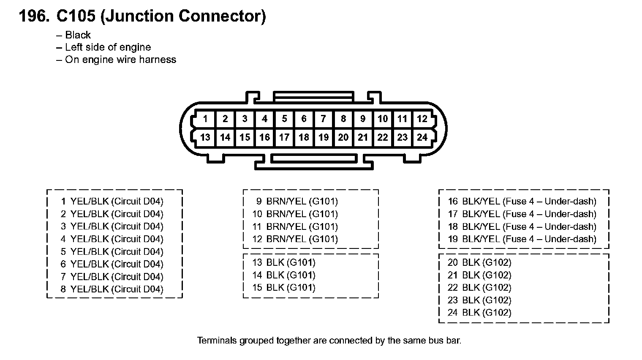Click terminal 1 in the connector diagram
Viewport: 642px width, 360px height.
pos(205,119)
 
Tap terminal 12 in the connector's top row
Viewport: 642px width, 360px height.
pos(422,119)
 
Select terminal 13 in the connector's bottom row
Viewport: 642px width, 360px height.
pos(205,138)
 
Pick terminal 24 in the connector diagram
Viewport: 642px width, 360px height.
pos(422,138)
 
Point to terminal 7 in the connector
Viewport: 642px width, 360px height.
pos(323,119)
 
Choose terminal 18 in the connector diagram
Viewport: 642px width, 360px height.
pos(304,138)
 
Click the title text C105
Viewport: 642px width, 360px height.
pos(76,16)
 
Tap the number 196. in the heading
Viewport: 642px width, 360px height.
pos(34,16)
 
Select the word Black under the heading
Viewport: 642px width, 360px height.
pos(78,35)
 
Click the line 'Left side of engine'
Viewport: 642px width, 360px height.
pos(108,47)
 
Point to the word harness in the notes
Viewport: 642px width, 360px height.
pos(158,60)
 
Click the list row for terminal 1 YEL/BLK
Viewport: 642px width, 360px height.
pos(112,202)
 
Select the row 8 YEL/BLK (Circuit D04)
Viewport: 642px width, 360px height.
pos(112,289)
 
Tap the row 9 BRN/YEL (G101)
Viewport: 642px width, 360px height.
pos(297,202)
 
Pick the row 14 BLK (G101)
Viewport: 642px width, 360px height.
pos(284,275)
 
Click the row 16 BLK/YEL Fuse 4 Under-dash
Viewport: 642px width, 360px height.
pos(522,202)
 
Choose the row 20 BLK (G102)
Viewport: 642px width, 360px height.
pos(479,262)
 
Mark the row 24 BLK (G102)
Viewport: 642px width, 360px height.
pos(479,313)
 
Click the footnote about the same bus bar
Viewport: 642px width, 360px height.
pos(329,341)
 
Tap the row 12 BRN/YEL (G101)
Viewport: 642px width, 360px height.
pos(295,239)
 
